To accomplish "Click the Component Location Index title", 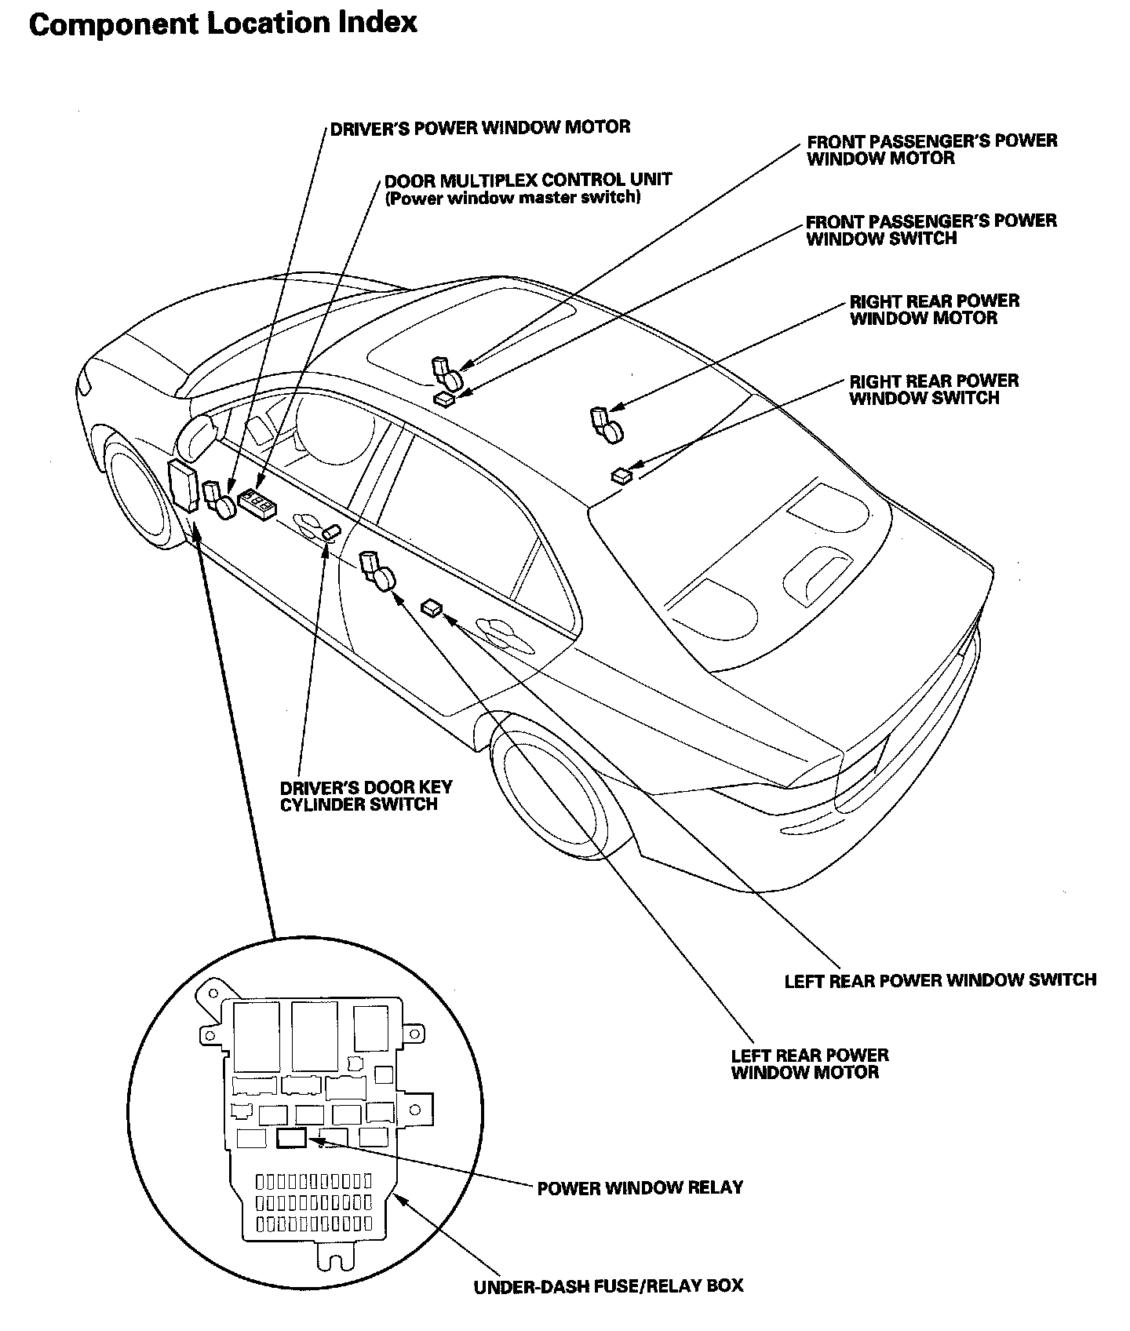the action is click(x=223, y=24).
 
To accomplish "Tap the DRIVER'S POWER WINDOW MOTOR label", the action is click(x=479, y=127).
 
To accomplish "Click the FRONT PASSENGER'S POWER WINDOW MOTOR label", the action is click(x=932, y=149).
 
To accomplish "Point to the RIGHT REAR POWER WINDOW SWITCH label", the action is click(x=935, y=389).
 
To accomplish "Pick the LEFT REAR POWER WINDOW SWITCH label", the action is click(x=940, y=980).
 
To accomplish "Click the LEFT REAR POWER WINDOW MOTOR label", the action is click(x=810, y=1063).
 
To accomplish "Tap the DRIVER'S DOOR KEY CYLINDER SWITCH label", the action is click(x=366, y=796).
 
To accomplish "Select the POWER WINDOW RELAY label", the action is click(x=640, y=1187).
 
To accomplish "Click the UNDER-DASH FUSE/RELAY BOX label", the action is click(x=608, y=1286).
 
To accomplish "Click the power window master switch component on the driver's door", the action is click(x=257, y=504).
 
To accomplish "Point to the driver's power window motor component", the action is click(x=219, y=500).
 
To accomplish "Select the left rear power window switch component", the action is click(x=432, y=607).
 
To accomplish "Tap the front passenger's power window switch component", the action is click(x=444, y=399).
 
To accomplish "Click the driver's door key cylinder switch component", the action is click(x=331, y=533).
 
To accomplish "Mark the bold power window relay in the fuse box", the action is click(x=293, y=1137).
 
